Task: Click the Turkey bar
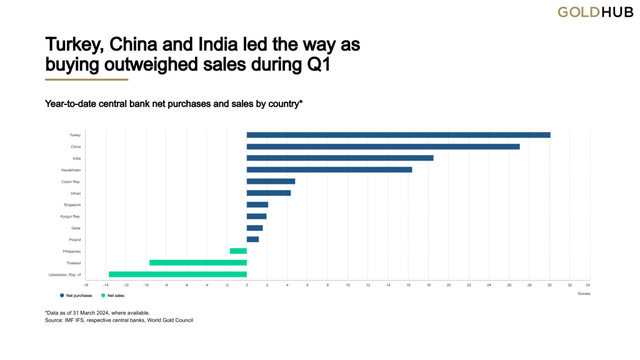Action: pyautogui.click(x=398, y=135)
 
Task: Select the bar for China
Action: pyautogui.click(x=383, y=146)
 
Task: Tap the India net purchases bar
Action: pyautogui.click(x=340, y=158)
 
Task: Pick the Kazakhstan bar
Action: pyautogui.click(x=329, y=169)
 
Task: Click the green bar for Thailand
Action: pyautogui.click(x=198, y=262)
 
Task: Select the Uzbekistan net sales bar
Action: pyautogui.click(x=177, y=274)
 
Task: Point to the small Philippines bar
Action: pyautogui.click(x=238, y=251)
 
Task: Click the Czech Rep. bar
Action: pyautogui.click(x=271, y=181)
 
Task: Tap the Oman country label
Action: pyautogui.click(x=75, y=193)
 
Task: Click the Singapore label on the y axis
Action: pyautogui.click(x=72, y=204)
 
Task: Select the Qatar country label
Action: pyautogui.click(x=75, y=228)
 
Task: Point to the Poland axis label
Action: pyautogui.click(x=74, y=239)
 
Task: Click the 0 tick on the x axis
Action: pyautogui.click(x=247, y=285)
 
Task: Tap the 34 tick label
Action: pyautogui.click(x=588, y=285)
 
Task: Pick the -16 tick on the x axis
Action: pyautogui.click(x=86, y=285)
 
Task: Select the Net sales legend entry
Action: pyautogui.click(x=112, y=294)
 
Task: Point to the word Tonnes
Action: pyautogui.click(x=583, y=294)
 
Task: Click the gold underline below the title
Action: pyautogui.click(x=86, y=80)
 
